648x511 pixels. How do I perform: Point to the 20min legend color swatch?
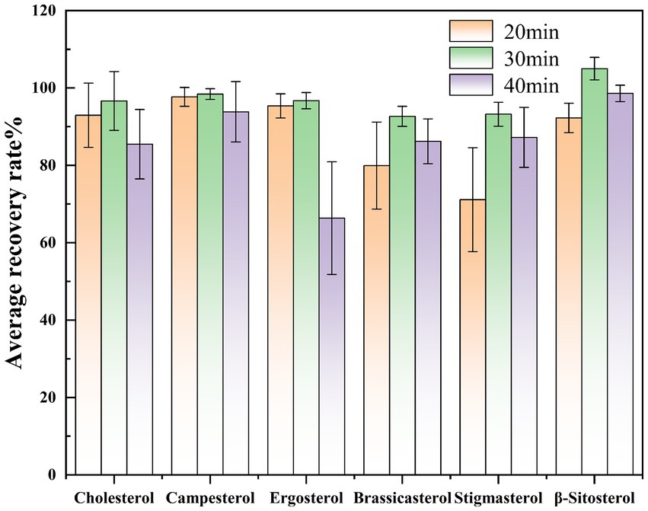(x=472, y=31)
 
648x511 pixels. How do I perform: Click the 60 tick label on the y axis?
(x=51, y=243)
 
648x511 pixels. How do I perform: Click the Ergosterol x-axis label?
(x=305, y=499)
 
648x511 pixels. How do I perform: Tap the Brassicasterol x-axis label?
(x=402, y=499)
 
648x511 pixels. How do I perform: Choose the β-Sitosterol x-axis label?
(x=594, y=499)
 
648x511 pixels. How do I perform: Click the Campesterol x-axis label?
(x=209, y=499)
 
